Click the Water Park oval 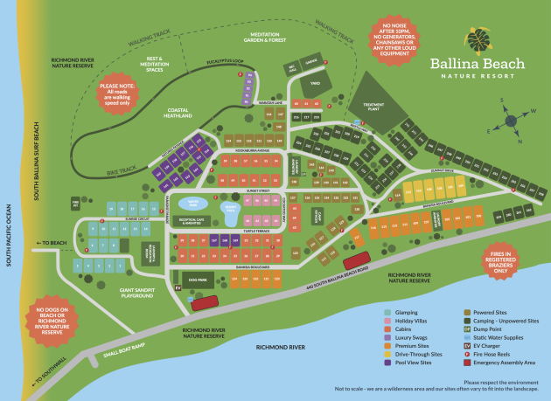tap(188, 203)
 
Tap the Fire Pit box tap(76, 204)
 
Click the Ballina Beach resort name tap(477, 64)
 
